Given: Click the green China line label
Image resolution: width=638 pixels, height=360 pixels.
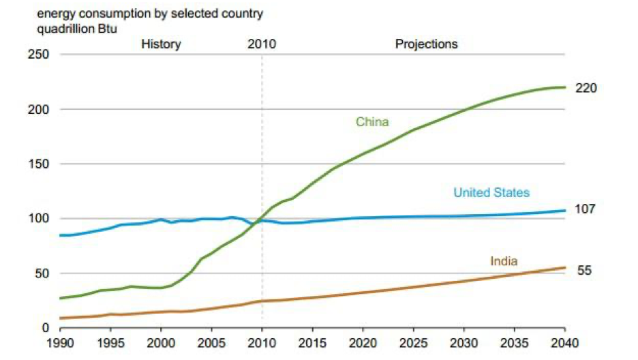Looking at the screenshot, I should click(372, 122).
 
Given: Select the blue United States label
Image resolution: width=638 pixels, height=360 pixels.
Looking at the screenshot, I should click(491, 193).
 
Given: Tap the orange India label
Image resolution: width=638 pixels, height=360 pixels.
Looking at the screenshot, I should click(504, 261).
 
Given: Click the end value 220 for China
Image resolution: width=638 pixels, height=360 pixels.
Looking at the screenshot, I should click(586, 89).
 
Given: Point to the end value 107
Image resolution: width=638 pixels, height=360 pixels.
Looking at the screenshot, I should click(586, 209).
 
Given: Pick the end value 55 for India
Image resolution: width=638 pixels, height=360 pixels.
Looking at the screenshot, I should click(584, 271).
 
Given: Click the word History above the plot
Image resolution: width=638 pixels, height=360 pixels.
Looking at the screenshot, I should click(161, 44).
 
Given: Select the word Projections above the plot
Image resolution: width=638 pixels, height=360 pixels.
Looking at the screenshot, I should click(426, 44).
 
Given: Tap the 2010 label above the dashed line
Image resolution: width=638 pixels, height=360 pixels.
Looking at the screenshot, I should click(262, 44).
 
